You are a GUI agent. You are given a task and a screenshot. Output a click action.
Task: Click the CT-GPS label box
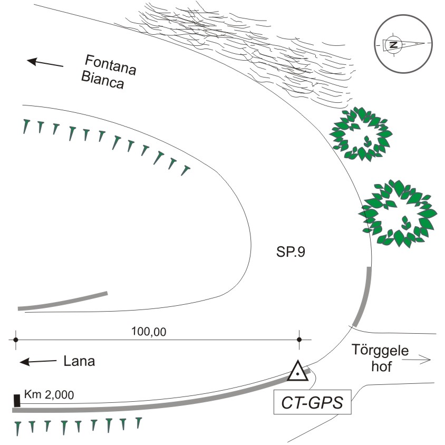[x=312, y=402]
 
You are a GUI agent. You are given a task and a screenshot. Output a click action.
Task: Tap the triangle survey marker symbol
[x=298, y=371]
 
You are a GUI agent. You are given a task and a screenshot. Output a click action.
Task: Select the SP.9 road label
[x=291, y=251]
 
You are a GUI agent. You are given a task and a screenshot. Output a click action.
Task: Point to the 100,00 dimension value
[x=149, y=332]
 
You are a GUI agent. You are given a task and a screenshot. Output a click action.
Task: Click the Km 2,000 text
[x=49, y=394]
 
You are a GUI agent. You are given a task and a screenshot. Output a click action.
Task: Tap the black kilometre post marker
[x=17, y=401]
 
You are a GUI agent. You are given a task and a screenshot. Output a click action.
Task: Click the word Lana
[x=79, y=361]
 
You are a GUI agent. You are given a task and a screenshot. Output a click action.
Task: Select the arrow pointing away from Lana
[x=38, y=362]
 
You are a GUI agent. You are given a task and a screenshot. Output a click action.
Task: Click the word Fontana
[x=111, y=65]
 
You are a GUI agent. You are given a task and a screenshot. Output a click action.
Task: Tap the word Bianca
[x=102, y=80]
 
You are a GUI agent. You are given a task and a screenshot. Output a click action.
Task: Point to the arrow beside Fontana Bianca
[x=45, y=62]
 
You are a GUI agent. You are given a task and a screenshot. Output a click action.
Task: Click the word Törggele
[x=380, y=351]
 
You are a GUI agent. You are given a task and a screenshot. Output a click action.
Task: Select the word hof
[x=381, y=366]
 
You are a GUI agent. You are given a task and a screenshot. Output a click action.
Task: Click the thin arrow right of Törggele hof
[x=417, y=360]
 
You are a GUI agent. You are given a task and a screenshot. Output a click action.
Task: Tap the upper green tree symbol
[x=361, y=134]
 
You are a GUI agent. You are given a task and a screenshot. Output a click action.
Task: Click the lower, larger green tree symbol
[x=398, y=214]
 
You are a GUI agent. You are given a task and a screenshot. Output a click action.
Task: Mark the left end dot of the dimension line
[x=16, y=340]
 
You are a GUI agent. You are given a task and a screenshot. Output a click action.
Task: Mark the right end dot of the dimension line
[x=299, y=340]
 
